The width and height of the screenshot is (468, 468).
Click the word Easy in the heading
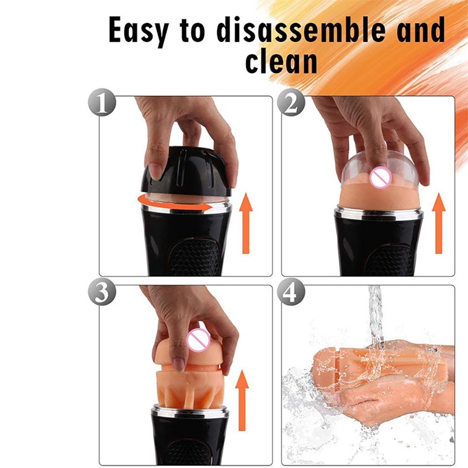[x=139, y=31]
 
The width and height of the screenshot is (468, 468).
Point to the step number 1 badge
[x=102, y=102]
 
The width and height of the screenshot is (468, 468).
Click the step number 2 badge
[x=291, y=102]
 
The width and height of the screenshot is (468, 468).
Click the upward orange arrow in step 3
[x=242, y=400]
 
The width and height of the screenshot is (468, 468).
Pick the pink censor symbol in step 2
[x=380, y=177]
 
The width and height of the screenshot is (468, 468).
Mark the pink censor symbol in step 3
[x=198, y=340]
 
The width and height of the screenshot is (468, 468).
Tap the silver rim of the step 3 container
[x=190, y=411]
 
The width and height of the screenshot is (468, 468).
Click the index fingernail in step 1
[x=155, y=171]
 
